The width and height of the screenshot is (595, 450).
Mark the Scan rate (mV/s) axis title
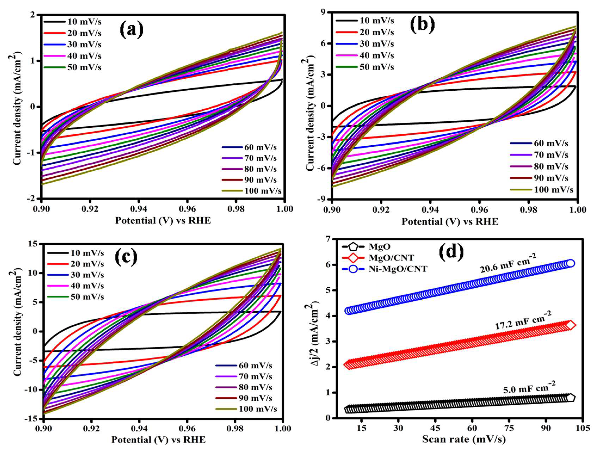point(464,439)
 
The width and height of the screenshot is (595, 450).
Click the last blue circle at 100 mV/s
point(571,263)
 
